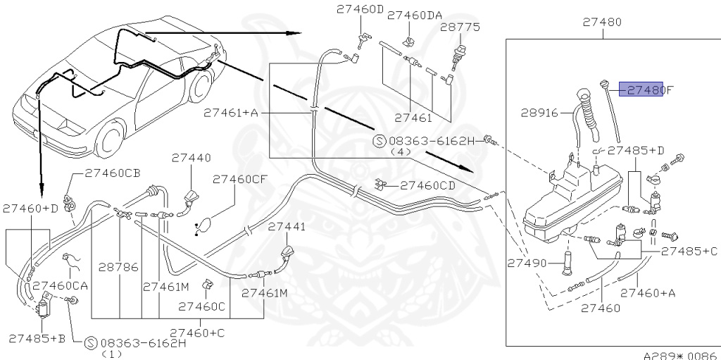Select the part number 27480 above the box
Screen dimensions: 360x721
tap(602, 23)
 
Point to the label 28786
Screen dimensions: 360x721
tap(118, 268)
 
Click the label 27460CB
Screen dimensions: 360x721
tap(113, 172)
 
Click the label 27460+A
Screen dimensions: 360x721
tap(647, 292)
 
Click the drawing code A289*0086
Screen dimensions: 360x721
tap(679, 354)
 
